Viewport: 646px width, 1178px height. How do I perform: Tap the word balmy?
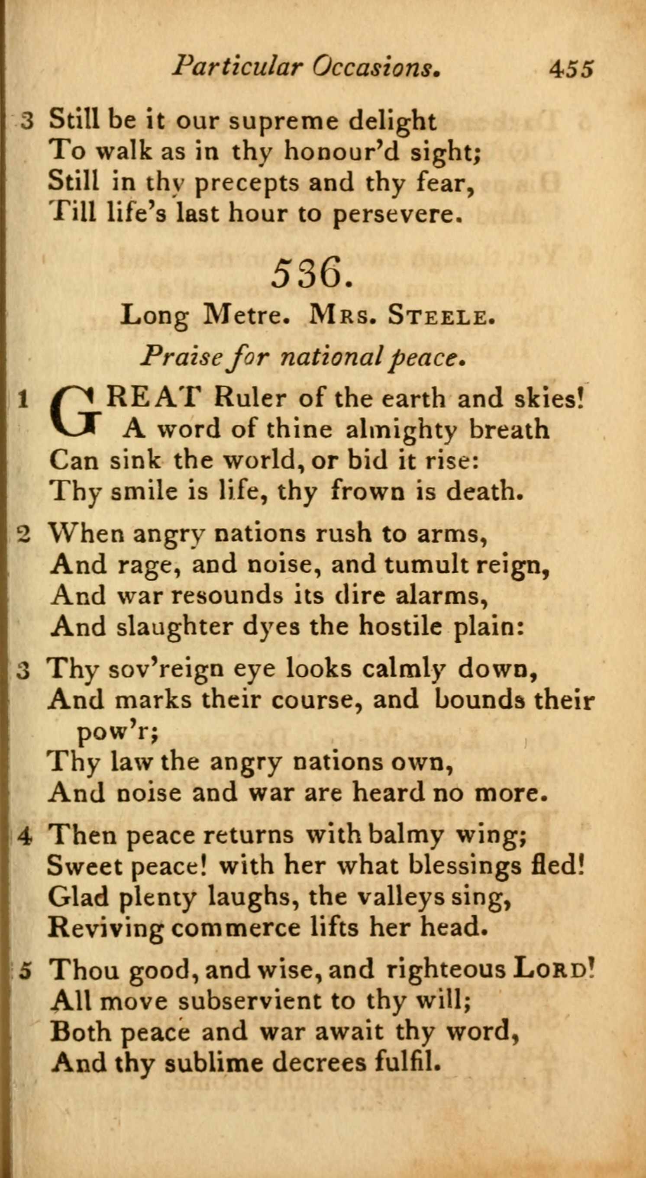point(406,835)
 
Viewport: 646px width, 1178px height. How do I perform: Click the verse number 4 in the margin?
point(25,836)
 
